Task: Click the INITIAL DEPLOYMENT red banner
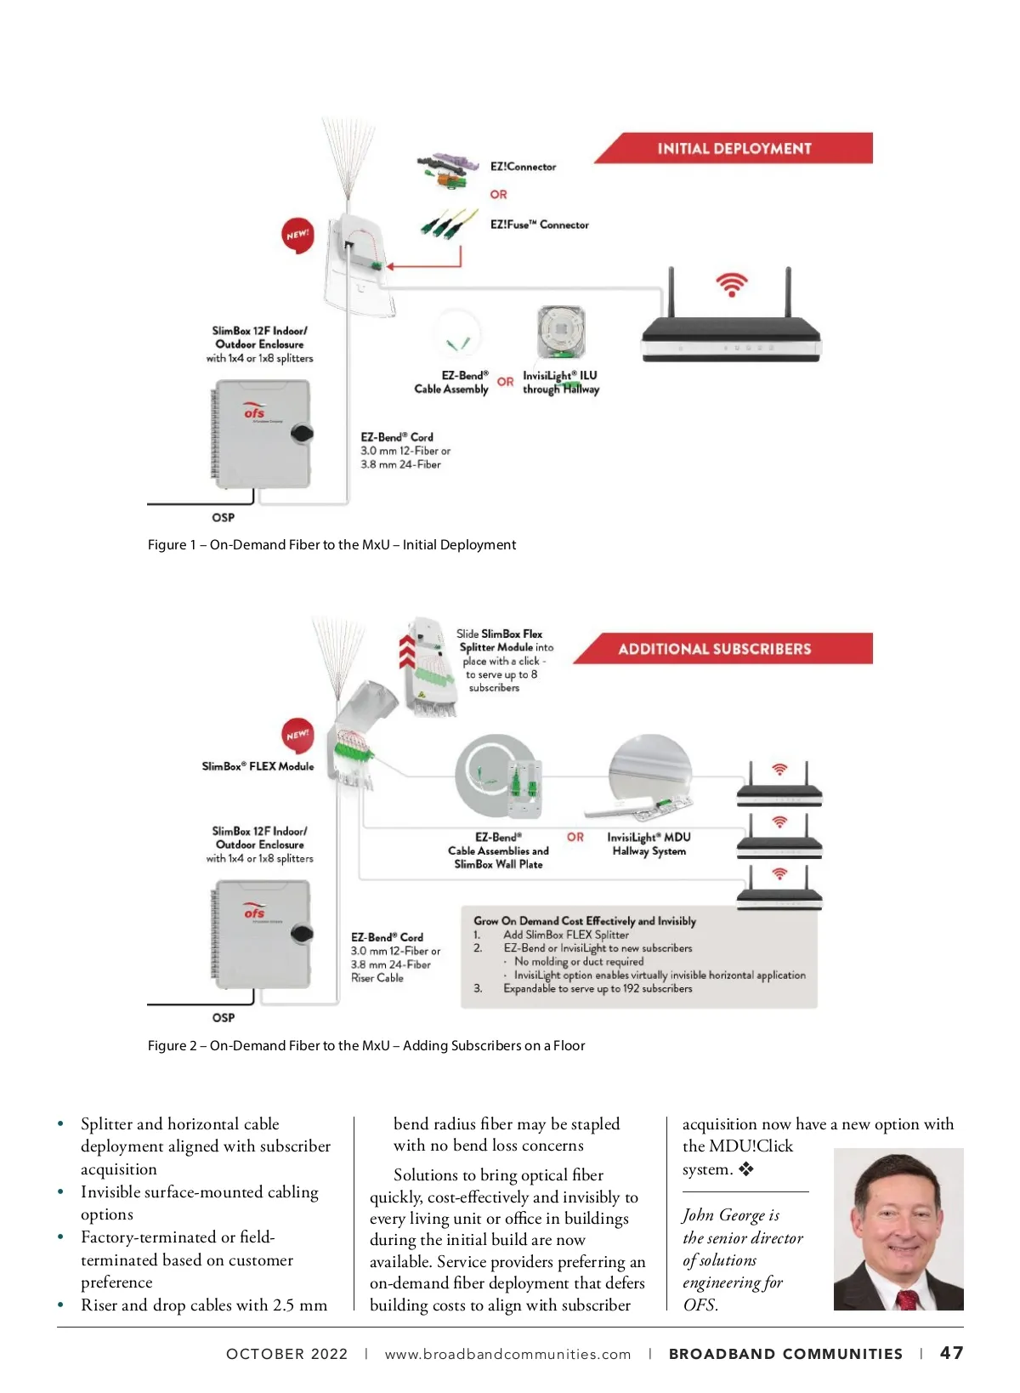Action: pos(734,148)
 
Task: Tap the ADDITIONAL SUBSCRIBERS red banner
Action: pos(714,649)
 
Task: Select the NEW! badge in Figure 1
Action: pos(297,236)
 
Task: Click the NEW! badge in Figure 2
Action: pos(297,736)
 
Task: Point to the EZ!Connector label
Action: pos(523,167)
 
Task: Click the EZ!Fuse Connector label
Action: pos(539,225)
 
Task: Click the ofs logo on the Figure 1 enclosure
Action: pos(254,412)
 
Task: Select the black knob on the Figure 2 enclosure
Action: pos(302,933)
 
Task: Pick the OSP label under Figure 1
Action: pos(223,517)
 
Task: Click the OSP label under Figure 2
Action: pos(223,1017)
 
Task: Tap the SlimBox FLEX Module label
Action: pos(258,766)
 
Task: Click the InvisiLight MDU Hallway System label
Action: pos(649,844)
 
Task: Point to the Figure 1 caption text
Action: pos(331,544)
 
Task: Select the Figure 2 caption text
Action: pos(365,1045)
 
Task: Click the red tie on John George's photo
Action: pos(906,1298)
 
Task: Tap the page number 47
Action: pos(951,1353)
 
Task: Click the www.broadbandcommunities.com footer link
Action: pos(507,1354)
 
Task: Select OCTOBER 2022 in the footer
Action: pos(286,1354)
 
